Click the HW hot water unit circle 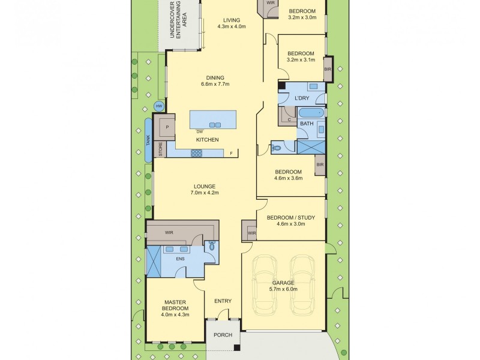coord(159,106)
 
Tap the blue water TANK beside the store coord(148,140)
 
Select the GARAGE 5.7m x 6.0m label coord(283,286)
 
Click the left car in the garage coord(264,284)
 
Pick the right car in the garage coord(302,284)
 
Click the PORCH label coord(223,335)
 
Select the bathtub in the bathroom coord(311,113)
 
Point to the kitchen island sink coord(214,125)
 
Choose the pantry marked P coord(167,127)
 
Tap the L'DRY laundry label coord(302,97)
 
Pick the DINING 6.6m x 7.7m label coord(215,81)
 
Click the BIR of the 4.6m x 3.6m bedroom coord(319,164)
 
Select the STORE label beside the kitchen coord(160,149)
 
